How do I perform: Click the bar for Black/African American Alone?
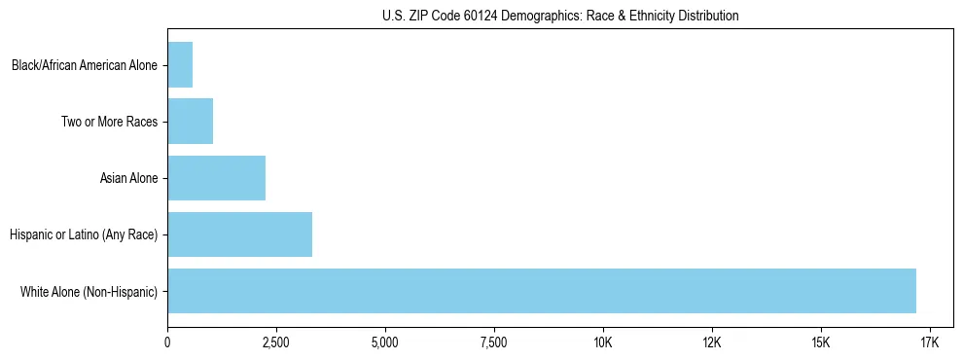click(x=180, y=65)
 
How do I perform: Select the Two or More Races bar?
click(x=190, y=122)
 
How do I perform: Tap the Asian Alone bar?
click(x=216, y=178)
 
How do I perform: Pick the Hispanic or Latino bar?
click(x=239, y=234)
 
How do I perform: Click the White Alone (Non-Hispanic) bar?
click(x=541, y=291)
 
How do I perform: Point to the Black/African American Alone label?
click(x=85, y=66)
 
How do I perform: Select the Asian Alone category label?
click(x=128, y=179)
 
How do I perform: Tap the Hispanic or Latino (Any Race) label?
click(x=83, y=235)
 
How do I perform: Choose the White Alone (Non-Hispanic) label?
click(x=89, y=292)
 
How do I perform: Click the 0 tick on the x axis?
click(x=167, y=342)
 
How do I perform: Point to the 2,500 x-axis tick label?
click(x=276, y=342)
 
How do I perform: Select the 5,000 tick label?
click(x=385, y=342)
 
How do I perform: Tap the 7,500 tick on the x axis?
click(x=494, y=342)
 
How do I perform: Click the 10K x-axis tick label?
click(x=603, y=342)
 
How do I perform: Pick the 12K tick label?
click(x=712, y=342)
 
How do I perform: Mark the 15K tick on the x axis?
click(x=820, y=342)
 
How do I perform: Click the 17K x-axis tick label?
click(x=929, y=342)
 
